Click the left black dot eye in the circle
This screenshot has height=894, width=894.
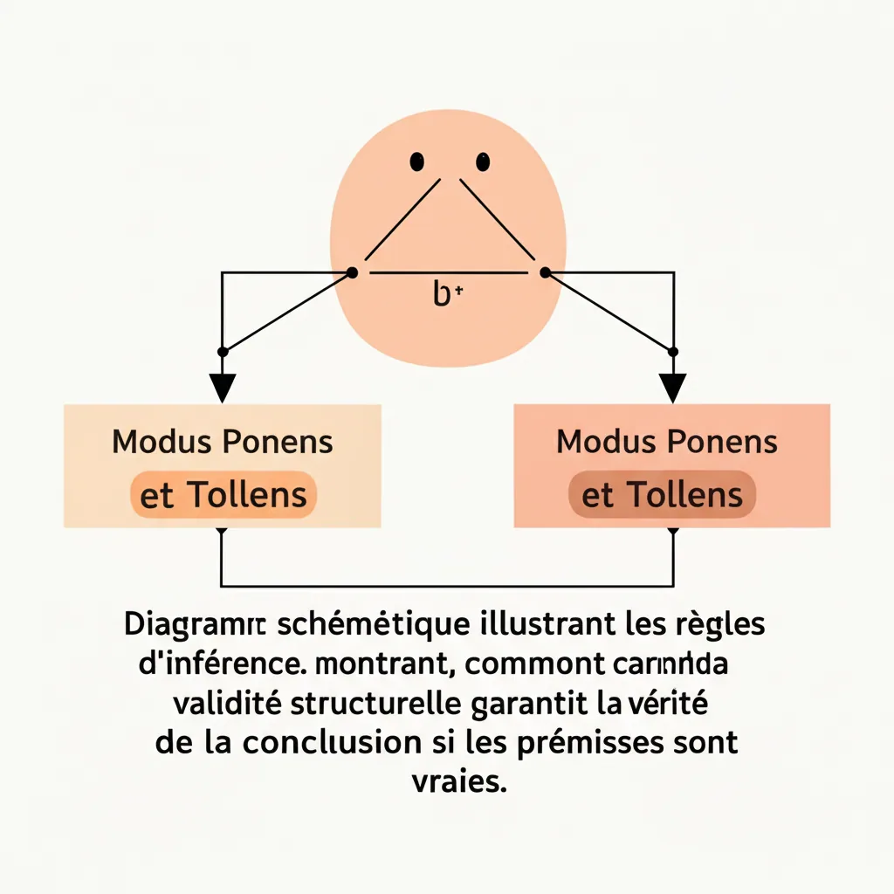(x=417, y=162)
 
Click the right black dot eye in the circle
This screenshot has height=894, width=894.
(x=483, y=162)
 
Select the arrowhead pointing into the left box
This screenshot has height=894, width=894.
(x=223, y=386)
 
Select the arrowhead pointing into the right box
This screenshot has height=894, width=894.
(x=672, y=386)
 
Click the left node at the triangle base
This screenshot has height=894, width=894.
(x=352, y=273)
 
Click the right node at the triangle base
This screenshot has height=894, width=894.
(x=545, y=273)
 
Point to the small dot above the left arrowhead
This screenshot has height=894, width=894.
(x=223, y=351)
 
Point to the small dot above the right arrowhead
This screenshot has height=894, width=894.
(x=672, y=351)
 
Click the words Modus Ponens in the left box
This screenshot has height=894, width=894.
(x=223, y=442)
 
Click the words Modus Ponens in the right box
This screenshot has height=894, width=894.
(x=667, y=442)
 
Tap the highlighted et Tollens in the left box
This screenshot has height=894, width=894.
(x=223, y=495)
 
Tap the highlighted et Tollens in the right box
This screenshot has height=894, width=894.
(x=662, y=496)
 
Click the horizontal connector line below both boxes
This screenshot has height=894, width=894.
(x=447, y=586)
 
